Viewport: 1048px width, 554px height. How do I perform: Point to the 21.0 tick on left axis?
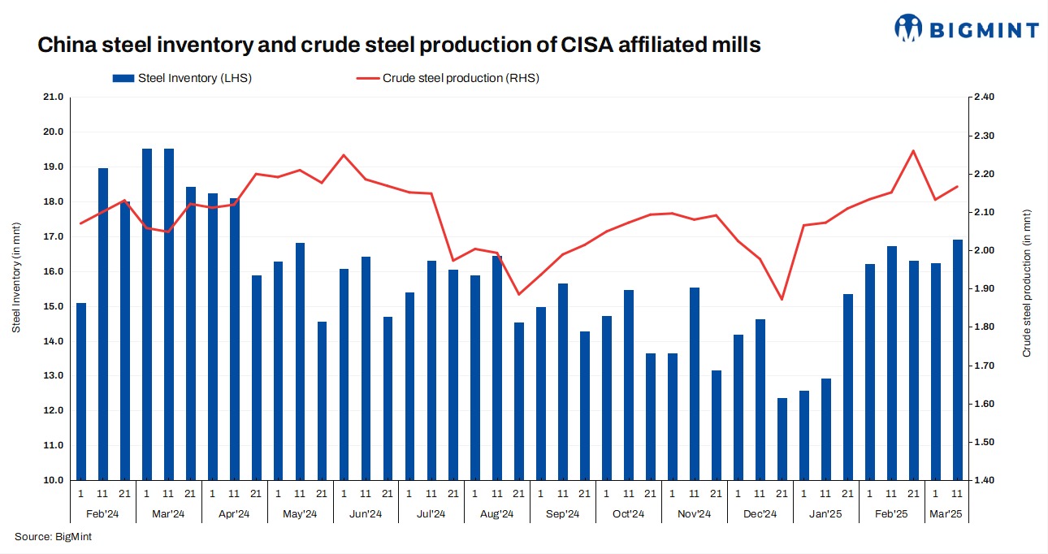pos(53,97)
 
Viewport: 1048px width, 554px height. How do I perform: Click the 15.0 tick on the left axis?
pos(53,306)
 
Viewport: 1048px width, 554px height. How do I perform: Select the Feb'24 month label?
pos(102,513)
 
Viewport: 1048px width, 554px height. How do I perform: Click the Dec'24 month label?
pos(760,513)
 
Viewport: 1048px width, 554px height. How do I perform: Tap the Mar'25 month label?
pos(946,513)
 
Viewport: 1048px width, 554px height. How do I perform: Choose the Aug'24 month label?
pos(497,513)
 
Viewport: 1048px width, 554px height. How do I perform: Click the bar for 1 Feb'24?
pos(81,392)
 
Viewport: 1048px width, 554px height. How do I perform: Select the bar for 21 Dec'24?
pos(782,439)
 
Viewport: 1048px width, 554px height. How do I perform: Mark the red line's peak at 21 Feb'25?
pos(914,151)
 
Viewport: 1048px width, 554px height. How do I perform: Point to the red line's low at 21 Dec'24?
pos(782,300)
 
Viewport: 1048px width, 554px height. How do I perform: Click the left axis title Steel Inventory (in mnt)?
pos(16,277)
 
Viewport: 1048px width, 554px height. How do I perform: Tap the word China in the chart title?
pos(68,45)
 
